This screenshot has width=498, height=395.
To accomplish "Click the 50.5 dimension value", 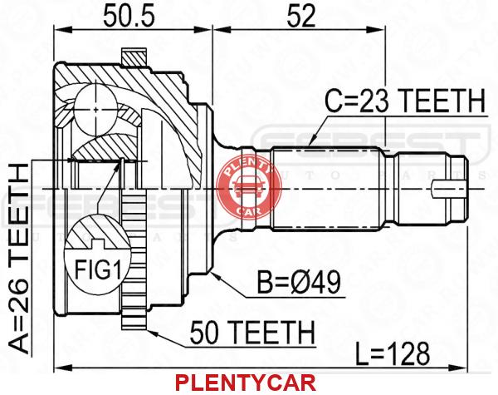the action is point(129,15).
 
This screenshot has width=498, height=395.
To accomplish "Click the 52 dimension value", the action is point(300,15).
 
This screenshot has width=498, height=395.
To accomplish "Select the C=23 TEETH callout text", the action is point(405,101).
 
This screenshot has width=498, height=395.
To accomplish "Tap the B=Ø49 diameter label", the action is point(299,283).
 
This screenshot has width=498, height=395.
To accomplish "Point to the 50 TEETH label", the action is point(252,332).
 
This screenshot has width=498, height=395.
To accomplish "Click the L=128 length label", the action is point(393,353).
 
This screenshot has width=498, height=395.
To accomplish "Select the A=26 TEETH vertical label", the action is point(18,259).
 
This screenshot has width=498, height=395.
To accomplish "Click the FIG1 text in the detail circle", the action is point(98,269).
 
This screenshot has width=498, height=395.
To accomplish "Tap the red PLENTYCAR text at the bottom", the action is point(246,383).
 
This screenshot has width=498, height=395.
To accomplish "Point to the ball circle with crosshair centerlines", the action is point(96,110).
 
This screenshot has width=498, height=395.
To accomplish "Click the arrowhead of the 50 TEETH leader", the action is point(151,332).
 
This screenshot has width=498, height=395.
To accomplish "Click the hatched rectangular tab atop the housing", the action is point(134,57).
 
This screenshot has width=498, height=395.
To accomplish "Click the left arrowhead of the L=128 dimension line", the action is point(62,368).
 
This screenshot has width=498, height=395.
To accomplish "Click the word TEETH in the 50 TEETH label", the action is point(272,332).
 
